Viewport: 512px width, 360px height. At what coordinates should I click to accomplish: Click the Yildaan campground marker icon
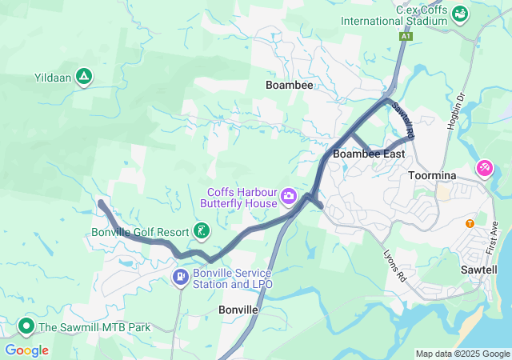point(84,78)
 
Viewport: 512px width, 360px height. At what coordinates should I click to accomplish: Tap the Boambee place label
point(289,84)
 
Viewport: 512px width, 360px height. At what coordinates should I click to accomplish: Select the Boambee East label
point(369,154)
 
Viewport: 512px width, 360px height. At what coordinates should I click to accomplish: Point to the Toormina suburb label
point(432,175)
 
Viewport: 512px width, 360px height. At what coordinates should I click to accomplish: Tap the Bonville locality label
point(238,309)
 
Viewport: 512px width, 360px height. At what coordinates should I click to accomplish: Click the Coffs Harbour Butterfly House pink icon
point(288,195)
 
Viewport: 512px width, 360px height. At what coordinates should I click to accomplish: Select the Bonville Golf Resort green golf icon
point(201,232)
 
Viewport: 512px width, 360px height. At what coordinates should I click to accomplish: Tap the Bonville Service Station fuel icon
point(181,278)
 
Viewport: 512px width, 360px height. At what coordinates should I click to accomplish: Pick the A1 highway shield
point(406,37)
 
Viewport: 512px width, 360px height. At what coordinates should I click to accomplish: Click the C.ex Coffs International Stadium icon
point(460,14)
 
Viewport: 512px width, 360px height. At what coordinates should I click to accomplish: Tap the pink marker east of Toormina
point(484,168)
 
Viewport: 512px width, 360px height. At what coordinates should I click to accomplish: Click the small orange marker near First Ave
point(470,222)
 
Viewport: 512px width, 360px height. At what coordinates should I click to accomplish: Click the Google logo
point(27,350)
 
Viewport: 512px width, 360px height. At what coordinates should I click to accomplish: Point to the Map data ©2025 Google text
point(463,354)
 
